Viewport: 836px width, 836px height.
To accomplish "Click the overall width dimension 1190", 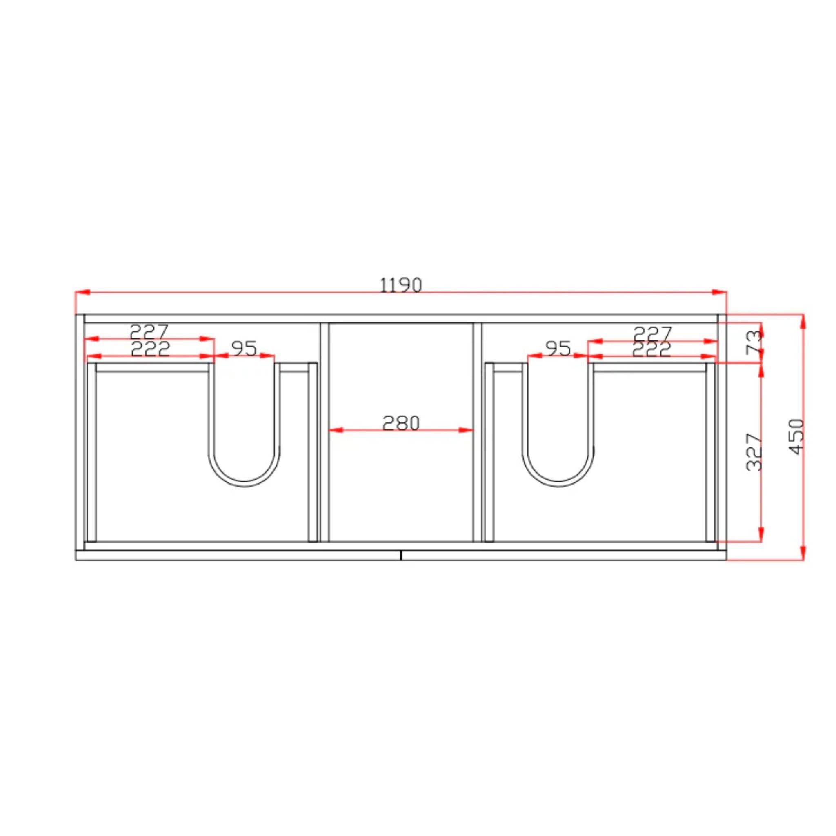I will tap(401, 285).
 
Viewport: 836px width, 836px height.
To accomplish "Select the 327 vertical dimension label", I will tap(754, 452).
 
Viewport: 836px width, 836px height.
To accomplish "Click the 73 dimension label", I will tap(754, 341).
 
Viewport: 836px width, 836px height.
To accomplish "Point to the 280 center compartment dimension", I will tap(401, 423).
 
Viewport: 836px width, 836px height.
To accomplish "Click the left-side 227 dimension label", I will tap(149, 332).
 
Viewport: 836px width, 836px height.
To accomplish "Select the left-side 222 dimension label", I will tap(150, 349).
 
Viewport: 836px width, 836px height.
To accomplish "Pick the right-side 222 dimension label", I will tap(651, 349).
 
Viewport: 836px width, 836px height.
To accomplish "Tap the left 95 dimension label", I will tap(245, 348).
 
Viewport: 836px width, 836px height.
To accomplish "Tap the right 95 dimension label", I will tap(558, 348).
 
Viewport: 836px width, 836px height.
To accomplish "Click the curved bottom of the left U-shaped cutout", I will tap(245, 484).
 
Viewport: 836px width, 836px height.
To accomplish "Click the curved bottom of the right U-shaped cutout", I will tap(558, 484).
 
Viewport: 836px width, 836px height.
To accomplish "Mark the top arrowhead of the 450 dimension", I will tap(803, 321).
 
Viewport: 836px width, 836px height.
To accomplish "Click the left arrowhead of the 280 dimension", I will tap(336, 430).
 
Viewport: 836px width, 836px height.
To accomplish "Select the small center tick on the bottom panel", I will tap(401, 555).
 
